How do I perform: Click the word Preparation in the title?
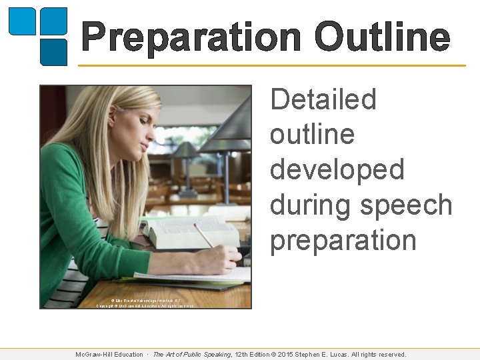tap(192, 37)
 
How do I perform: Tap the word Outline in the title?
tap(382, 37)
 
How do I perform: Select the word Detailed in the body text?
tap(323, 100)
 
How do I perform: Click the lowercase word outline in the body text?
tap(312, 135)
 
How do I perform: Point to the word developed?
tap(337, 170)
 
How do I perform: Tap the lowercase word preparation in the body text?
tap(343, 241)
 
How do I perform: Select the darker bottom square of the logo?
tap(54, 52)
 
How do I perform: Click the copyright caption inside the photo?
tap(145, 303)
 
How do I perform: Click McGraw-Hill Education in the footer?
tap(109, 355)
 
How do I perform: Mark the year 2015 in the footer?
tap(291, 355)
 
